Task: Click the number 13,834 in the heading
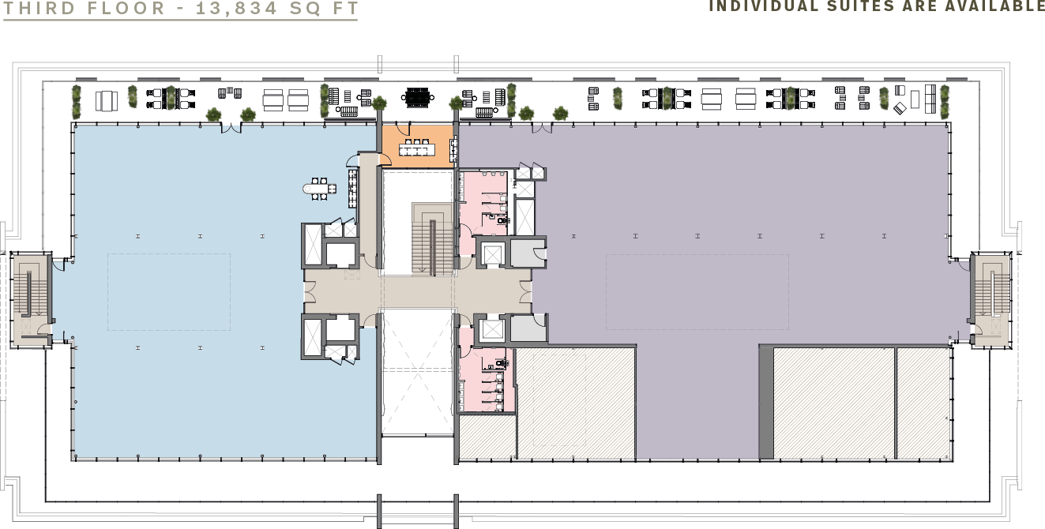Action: [x=236, y=9]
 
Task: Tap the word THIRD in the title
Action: [x=39, y=9]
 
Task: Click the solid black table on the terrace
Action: [x=418, y=98]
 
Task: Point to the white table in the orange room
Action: [x=416, y=150]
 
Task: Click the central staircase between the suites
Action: [x=433, y=239]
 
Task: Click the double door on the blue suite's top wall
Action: [x=231, y=128]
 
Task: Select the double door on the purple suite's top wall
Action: [x=541, y=128]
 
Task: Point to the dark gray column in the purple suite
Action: [x=766, y=402]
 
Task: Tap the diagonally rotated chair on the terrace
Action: [x=900, y=109]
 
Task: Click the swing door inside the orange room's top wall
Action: [x=403, y=129]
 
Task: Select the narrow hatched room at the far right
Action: [x=923, y=403]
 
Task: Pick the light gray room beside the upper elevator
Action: [x=528, y=253]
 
